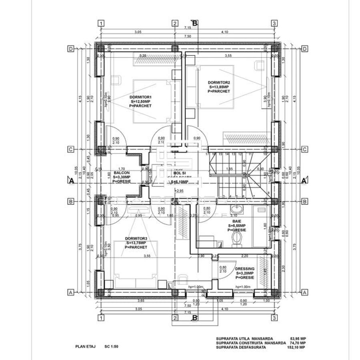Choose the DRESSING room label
click(x=245, y=268)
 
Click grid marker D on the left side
click(x=71, y=49)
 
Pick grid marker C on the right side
click(x=304, y=149)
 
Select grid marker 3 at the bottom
click(x=274, y=318)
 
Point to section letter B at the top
click(x=195, y=23)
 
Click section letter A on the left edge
click(x=71, y=180)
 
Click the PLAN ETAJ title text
click(x=85, y=347)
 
